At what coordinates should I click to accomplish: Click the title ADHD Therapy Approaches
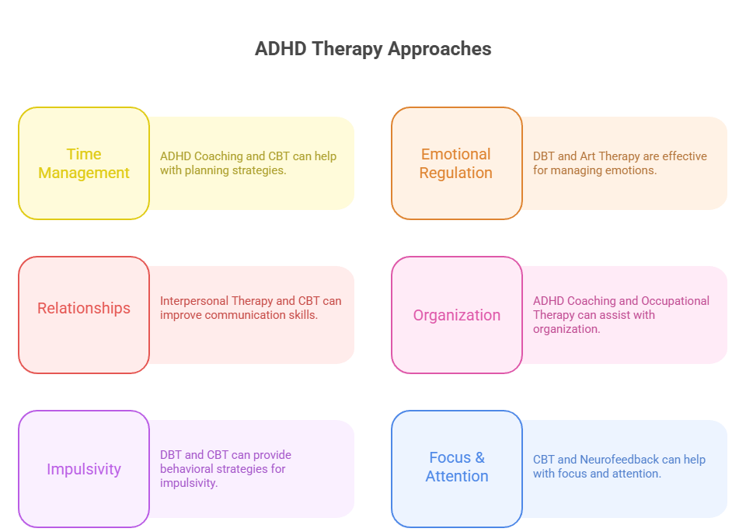coord(373,49)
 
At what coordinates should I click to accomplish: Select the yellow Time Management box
coord(84,163)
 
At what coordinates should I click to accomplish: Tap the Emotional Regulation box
coord(456,163)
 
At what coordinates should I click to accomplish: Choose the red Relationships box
coord(84,308)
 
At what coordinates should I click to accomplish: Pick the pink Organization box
coord(457,315)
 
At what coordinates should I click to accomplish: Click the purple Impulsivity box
coord(84,469)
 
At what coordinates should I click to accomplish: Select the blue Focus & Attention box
coord(457,467)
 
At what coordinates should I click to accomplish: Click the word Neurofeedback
coord(619,460)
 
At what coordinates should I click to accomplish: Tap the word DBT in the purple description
coord(171,455)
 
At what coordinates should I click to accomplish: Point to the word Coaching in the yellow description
coord(218,156)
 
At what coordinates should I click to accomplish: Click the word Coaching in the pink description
coord(591,301)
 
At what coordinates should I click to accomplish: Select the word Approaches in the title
coord(439,49)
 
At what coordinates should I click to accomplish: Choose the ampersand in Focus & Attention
coord(479,457)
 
